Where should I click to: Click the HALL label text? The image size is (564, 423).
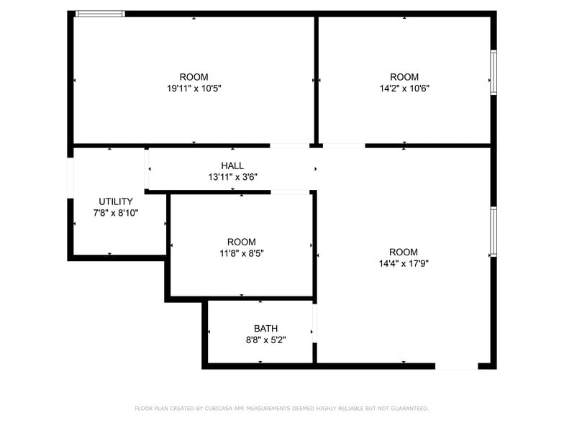tap(232, 165)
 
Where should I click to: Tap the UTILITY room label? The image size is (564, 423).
tap(116, 201)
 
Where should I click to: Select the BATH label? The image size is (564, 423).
tap(265, 329)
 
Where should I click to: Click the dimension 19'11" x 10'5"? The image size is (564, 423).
tap(194, 88)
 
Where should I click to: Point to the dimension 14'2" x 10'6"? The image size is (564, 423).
tap(404, 88)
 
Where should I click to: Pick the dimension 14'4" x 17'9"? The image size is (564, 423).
tap(404, 263)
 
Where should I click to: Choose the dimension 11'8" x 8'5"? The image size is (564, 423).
tap(241, 253)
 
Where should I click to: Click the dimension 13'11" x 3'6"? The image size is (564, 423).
tap(232, 176)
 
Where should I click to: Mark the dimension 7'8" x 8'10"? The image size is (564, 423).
tap(116, 213)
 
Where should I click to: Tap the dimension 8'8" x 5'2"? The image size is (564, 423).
tap(265, 340)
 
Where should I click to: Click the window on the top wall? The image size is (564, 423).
tap(100, 14)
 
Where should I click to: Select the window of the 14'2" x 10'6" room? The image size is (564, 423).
tap(493, 72)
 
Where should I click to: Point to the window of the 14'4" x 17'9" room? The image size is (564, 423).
tap(493, 232)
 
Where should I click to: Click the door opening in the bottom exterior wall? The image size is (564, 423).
tap(457, 366)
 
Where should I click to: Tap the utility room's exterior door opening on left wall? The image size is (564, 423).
tap(70, 176)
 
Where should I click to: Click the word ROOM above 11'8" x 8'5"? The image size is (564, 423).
tap(241, 242)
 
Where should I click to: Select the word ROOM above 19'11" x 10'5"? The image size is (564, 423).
tap(194, 77)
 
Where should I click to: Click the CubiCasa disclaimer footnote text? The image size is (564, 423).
tap(281, 408)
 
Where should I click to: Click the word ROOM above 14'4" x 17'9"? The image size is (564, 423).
tap(404, 252)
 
